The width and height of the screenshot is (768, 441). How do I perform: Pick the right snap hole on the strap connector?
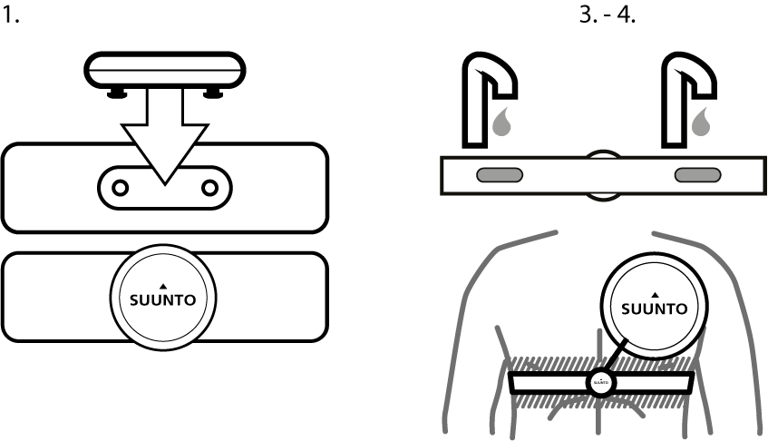[210, 187]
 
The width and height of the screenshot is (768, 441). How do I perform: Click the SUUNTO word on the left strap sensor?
[164, 299]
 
